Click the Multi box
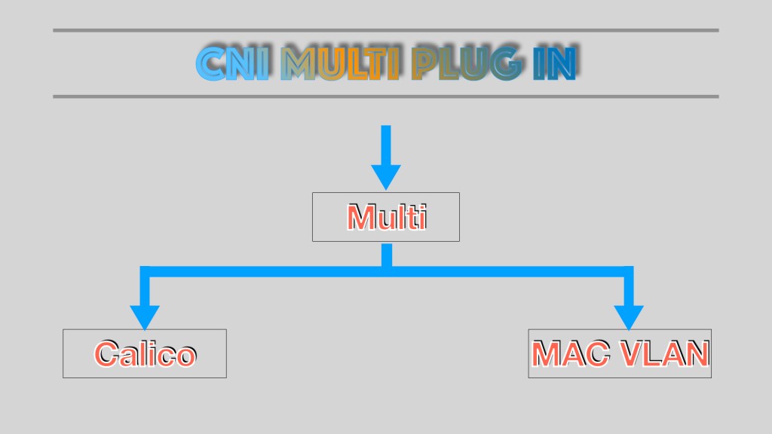coord(386,217)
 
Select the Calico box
coord(145,353)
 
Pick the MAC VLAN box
coord(620,353)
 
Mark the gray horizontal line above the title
coord(386,30)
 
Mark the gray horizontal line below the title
coord(386,96)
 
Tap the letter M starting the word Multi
coord(360,218)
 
